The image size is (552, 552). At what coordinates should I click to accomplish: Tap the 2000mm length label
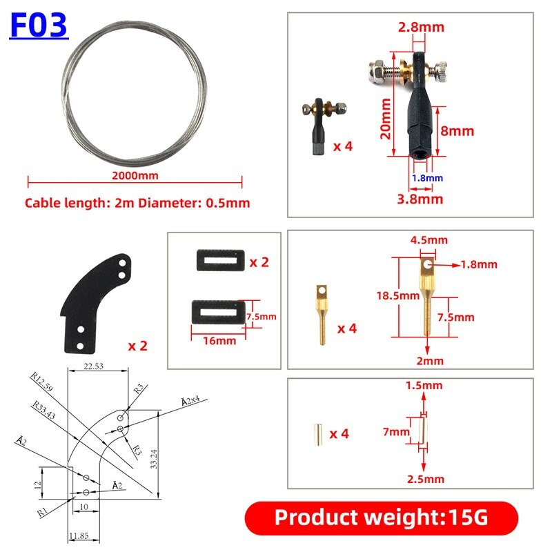(x=135, y=175)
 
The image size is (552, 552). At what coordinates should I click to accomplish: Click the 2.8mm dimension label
(x=421, y=27)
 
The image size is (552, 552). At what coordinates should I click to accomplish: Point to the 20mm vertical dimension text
(x=386, y=119)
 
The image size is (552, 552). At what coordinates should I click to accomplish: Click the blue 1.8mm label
(x=427, y=178)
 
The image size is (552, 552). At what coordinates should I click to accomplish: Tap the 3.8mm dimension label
(x=420, y=199)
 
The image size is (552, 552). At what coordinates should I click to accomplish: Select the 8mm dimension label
(x=457, y=131)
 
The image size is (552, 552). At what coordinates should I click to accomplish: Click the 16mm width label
(x=219, y=341)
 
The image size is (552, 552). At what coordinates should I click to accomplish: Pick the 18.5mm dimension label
(x=398, y=295)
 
